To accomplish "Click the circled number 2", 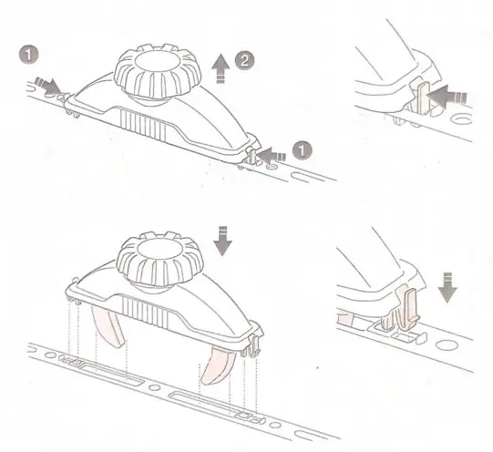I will (x=243, y=61).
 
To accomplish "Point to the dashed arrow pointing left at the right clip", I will (x=272, y=157).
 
